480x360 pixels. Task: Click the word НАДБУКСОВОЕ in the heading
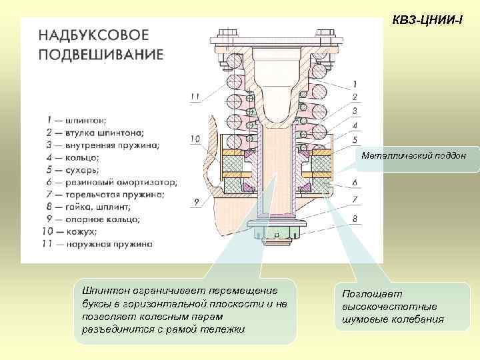click(93, 35)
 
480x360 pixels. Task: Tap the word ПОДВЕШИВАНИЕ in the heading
click(100, 54)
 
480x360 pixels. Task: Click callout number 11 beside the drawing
click(195, 96)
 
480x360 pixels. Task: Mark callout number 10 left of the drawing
click(195, 139)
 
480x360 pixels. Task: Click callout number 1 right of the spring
click(355, 84)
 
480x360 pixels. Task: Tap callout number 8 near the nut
click(355, 218)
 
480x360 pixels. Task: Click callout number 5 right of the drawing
click(355, 139)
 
